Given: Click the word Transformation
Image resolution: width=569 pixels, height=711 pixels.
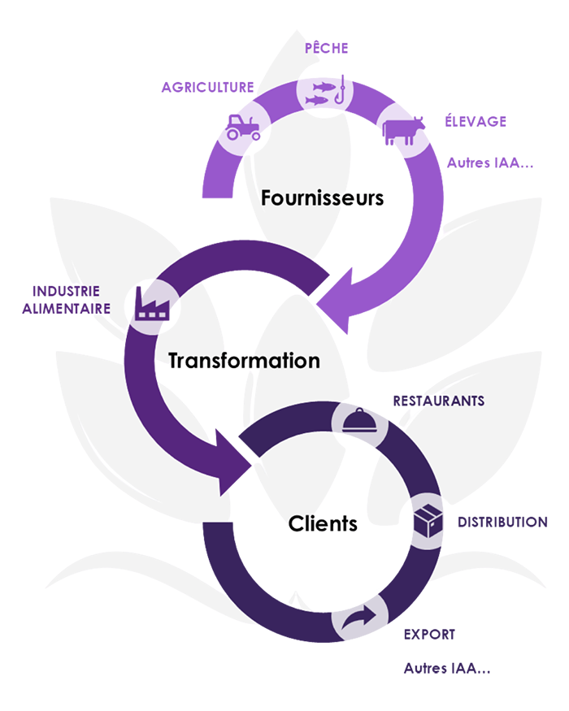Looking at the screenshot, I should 244,361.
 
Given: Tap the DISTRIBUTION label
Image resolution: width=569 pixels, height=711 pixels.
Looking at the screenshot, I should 496,521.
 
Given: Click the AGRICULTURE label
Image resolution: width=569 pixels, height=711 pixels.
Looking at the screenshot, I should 203,86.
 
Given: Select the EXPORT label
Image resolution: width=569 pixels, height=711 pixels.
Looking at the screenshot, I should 428,633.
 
